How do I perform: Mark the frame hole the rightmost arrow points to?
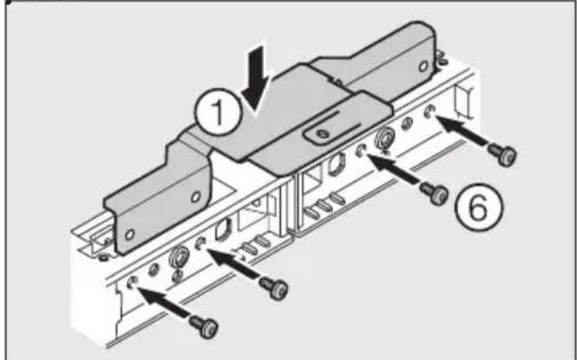point(431,111)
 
